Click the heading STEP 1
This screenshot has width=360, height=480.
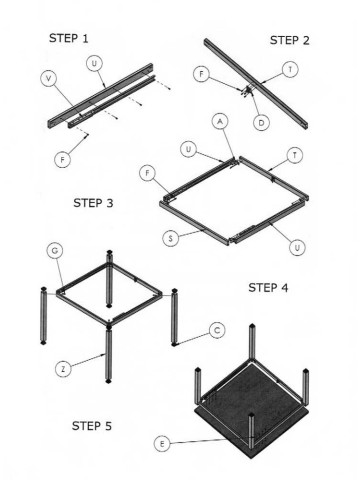click(69, 38)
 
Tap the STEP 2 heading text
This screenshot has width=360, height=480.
click(289, 40)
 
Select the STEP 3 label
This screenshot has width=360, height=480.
click(93, 203)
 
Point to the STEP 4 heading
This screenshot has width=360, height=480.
click(268, 287)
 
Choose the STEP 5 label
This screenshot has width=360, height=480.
click(92, 426)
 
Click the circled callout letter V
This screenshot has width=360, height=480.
click(49, 79)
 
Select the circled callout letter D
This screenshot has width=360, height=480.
click(261, 123)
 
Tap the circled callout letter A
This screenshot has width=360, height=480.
click(220, 122)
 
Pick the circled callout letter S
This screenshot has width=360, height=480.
click(171, 239)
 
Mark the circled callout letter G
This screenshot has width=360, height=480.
click(55, 251)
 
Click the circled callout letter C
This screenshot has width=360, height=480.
click(217, 330)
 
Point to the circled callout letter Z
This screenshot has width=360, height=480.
click(63, 369)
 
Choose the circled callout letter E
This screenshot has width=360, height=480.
click(162, 444)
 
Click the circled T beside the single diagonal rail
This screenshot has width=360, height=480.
click(290, 70)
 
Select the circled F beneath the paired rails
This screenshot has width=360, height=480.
click(62, 159)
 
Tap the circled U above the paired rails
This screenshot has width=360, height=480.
click(95, 63)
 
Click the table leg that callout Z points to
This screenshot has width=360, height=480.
click(108, 354)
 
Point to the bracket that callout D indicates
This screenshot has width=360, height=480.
click(247, 91)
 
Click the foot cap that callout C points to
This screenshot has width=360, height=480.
click(174, 344)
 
